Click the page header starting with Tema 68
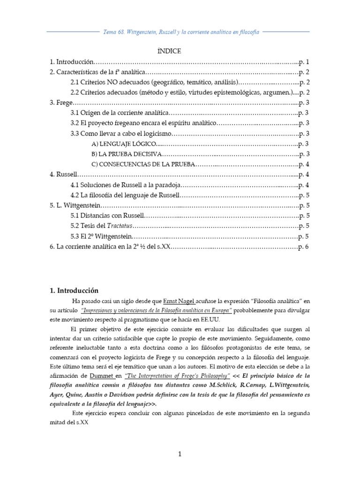[x=180, y=32]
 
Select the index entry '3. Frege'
[x=62, y=103]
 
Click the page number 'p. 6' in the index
[x=303, y=247]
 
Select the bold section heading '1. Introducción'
[x=75, y=291]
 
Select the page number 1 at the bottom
[x=180, y=454]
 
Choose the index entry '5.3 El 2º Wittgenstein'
[x=101, y=236]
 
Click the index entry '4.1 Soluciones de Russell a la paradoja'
[x=124, y=185]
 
